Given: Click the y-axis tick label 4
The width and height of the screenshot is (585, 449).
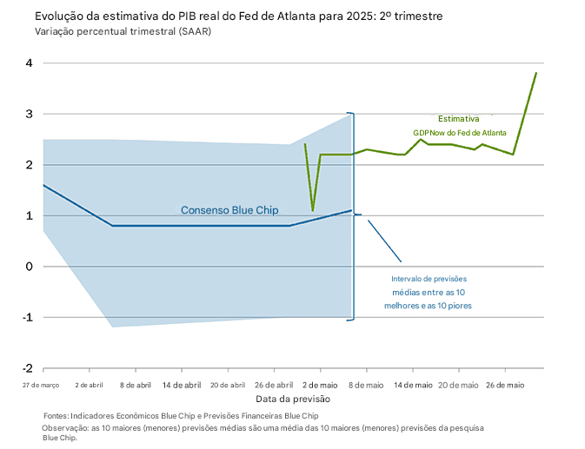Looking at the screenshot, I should [x=29, y=63].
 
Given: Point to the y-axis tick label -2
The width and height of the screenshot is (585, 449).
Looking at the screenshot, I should [x=27, y=369].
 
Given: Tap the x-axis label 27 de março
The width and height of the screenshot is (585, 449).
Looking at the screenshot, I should [x=41, y=385].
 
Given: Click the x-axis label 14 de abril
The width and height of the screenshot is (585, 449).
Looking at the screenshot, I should [x=183, y=385].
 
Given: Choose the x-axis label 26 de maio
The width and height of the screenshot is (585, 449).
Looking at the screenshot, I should [x=505, y=385].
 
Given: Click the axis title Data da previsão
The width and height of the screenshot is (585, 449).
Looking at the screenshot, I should [x=292, y=399].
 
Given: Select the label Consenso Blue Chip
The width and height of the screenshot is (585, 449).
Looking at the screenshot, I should [x=224, y=210].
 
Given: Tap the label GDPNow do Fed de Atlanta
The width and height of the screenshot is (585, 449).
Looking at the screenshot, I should [x=460, y=132].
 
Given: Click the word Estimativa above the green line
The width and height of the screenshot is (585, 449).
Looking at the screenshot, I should [x=458, y=119].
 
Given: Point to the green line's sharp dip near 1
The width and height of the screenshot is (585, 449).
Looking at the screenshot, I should [x=313, y=210].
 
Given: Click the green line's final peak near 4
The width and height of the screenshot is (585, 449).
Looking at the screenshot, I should [x=536, y=73].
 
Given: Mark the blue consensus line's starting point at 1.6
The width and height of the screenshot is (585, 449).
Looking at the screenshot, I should [x=43, y=185].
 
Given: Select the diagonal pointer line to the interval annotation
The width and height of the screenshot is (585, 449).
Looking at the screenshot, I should [x=384, y=241].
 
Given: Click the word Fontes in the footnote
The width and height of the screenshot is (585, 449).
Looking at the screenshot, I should [x=55, y=416].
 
